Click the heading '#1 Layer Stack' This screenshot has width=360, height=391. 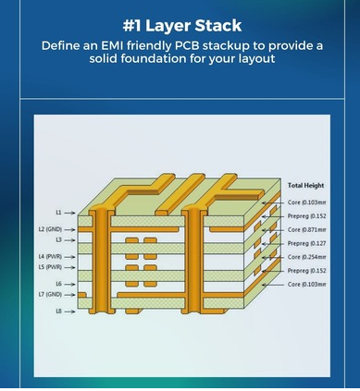[182, 26]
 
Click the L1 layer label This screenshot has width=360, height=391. [58, 213]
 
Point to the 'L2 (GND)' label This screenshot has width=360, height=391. [50, 229]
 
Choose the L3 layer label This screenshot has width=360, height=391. [58, 239]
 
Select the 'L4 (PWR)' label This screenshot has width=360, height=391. [50, 257]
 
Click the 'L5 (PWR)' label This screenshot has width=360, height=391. [50, 267]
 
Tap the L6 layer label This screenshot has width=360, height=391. [58, 284]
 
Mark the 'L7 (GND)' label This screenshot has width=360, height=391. [50, 294]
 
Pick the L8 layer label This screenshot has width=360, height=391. [58, 312]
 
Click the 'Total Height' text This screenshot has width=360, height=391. [305, 185]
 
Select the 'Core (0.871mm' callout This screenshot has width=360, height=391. [306, 229]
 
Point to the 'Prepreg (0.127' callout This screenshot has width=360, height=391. [306, 243]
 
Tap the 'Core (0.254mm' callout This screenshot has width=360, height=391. [306, 257]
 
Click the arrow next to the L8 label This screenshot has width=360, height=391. [69, 312]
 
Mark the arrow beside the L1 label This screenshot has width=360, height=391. [69, 213]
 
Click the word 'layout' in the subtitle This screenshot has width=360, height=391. [256, 58]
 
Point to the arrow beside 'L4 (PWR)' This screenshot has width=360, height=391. [69, 257]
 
